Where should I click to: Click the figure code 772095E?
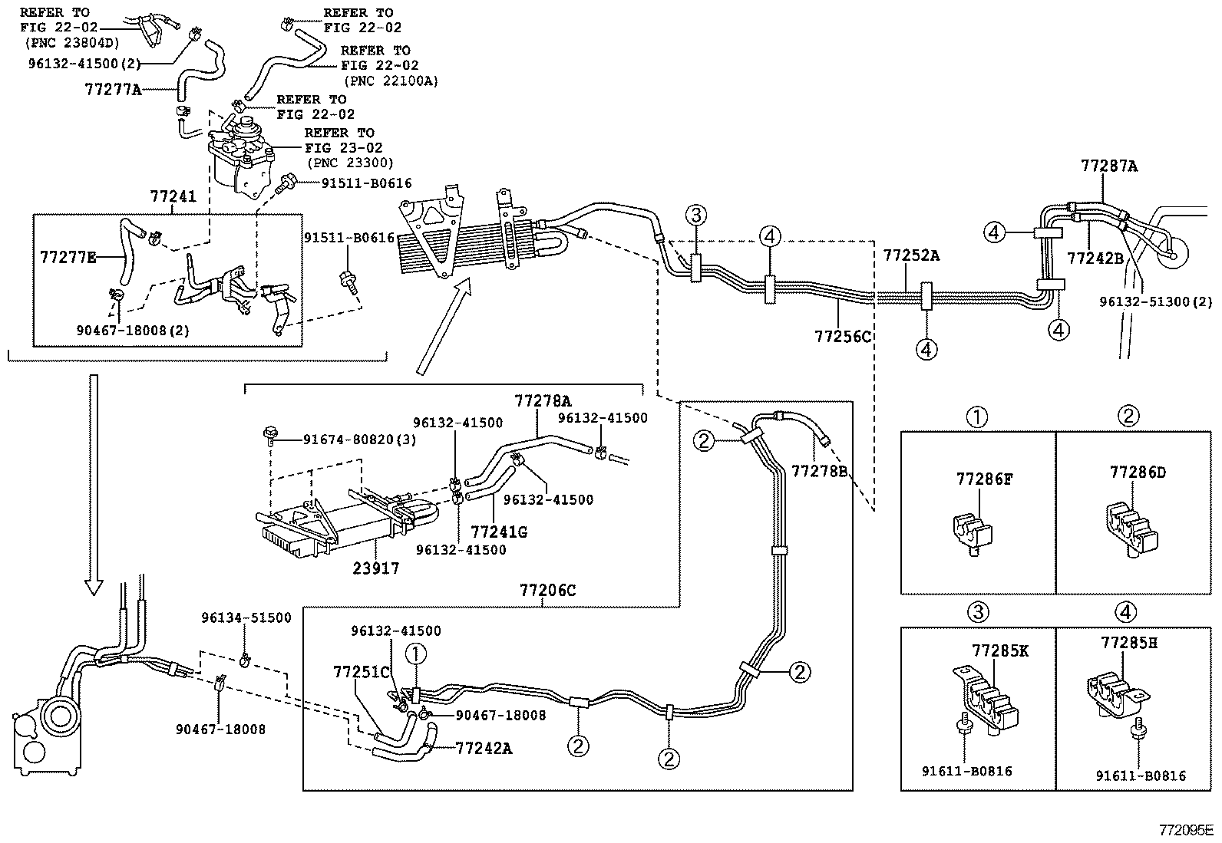pyautogui.click(x=1186, y=830)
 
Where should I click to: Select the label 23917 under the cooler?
pyautogui.click(x=376, y=568)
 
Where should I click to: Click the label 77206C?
pyautogui.click(x=547, y=590)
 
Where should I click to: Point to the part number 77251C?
pyautogui.click(x=362, y=672)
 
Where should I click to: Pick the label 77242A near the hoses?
pyautogui.click(x=483, y=748)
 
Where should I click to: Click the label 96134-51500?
pyautogui.click(x=246, y=617)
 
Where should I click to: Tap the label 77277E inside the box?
pyautogui.click(x=68, y=257)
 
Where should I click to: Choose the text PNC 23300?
pyautogui.click(x=350, y=163)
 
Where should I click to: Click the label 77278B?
pyautogui.click(x=819, y=469)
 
